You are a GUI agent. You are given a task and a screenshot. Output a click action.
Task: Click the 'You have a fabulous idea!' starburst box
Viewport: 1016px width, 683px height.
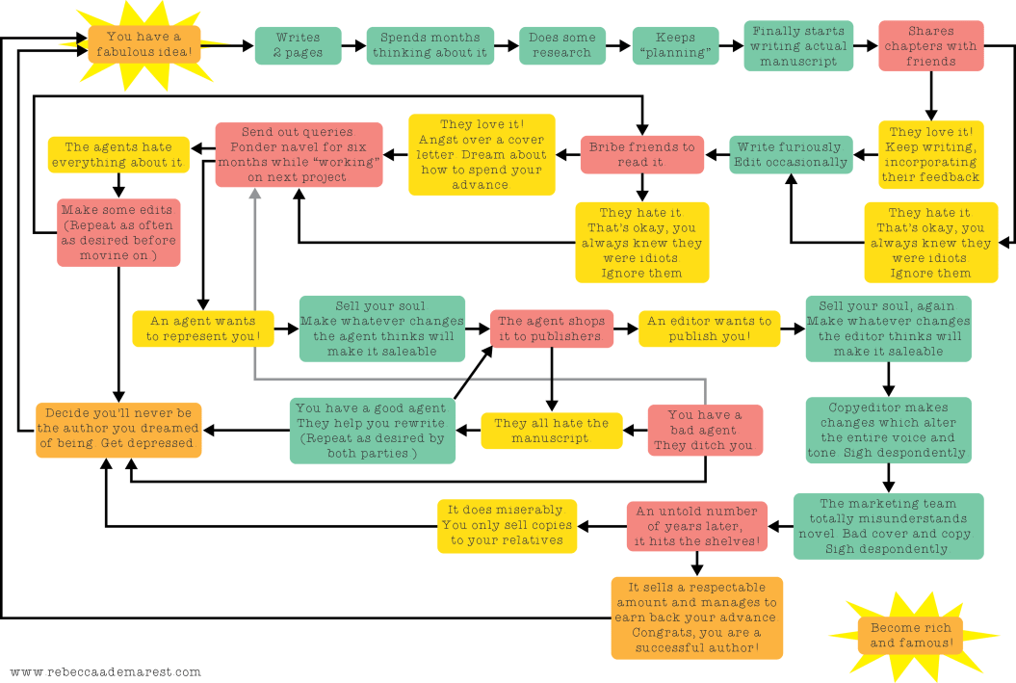pos(144,44)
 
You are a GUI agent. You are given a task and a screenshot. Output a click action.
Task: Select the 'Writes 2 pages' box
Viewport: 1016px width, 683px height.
pos(299,45)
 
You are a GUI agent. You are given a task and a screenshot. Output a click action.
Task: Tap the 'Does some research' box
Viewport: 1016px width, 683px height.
pos(561,45)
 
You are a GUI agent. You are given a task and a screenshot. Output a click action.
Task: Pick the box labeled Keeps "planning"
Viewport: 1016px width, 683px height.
pos(675,45)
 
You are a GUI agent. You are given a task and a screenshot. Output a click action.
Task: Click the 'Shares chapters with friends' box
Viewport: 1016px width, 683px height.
pos(930,46)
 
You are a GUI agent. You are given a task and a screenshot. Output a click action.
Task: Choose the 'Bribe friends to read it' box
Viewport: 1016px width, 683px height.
pos(641,155)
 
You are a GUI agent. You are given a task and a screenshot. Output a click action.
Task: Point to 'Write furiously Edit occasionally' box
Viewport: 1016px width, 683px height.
pos(790,155)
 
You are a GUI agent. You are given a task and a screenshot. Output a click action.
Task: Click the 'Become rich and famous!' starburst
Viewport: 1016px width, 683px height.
pos(910,635)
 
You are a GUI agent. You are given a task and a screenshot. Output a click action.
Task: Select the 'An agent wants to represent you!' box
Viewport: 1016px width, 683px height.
pos(202,328)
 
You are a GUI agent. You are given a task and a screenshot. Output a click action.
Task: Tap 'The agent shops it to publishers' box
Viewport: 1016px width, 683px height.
pos(552,328)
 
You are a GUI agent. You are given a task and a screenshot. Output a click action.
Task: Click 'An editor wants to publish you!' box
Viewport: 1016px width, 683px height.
pos(709,328)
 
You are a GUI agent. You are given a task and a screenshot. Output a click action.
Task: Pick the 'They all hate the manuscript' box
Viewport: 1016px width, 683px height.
pos(551,431)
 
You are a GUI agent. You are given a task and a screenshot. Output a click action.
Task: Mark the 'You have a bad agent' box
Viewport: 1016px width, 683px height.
pos(704,431)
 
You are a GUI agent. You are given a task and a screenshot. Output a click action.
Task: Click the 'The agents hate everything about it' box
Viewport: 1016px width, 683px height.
pos(118,155)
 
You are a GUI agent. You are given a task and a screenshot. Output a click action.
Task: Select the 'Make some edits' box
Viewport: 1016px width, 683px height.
pos(117,232)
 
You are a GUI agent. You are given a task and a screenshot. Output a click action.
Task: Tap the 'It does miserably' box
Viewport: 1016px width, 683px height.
pos(507,525)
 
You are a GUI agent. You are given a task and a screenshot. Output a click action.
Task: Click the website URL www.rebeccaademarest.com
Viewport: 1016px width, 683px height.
pos(105,671)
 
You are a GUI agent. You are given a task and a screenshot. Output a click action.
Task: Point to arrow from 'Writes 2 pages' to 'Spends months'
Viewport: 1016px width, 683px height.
pos(353,45)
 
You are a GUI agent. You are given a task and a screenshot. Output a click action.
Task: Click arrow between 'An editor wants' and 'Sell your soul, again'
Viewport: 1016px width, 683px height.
pos(793,328)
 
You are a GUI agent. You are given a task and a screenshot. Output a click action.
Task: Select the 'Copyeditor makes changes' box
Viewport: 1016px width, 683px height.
pos(888,431)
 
